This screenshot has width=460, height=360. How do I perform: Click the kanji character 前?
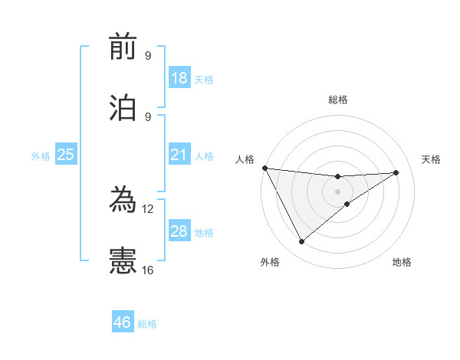coord(123,47)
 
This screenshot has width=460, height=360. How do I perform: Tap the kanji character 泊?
coord(123,107)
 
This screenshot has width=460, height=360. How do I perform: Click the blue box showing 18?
coord(179,78)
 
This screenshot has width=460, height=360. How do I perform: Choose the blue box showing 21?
coord(179,155)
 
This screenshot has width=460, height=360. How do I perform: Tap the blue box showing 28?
coord(179,231)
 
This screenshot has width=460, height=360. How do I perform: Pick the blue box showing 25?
coord(66,155)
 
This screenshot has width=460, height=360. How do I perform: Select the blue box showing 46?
coord(123,322)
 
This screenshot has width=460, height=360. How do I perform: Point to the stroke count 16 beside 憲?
coord(148,270)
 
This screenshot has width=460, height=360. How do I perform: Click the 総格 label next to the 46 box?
coord(147,324)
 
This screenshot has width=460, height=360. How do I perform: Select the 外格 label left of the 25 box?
coord(41,155)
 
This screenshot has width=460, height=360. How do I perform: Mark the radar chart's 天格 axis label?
coord(431,159)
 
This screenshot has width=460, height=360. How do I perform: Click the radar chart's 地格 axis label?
coord(402,262)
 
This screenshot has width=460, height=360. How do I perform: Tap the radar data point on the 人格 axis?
coord(264,168)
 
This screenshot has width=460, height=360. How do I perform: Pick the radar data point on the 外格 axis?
coord(301,242)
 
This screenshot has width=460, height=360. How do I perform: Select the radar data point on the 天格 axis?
coord(396,172)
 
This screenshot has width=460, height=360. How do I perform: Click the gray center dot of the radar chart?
coord(338,191)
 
